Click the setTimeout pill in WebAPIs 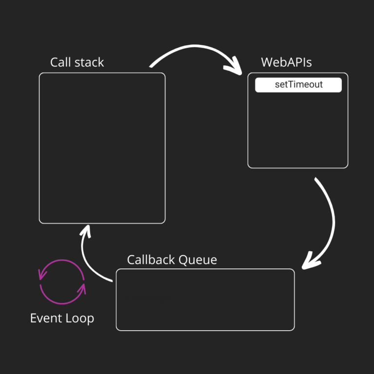coord(299,85)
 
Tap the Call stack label coord(77,62)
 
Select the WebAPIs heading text coord(286,62)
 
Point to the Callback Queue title coord(172,260)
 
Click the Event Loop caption coord(62,318)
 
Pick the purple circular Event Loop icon coord(62,282)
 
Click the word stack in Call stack coord(90,62)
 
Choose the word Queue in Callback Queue coord(198,260)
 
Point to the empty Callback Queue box coord(205,299)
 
